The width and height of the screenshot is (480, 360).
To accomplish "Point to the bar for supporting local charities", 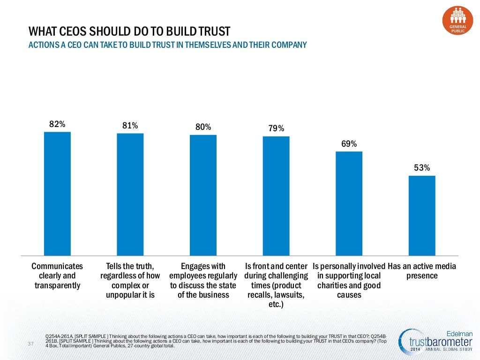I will (x=349, y=203).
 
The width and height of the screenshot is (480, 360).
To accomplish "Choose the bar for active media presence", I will (x=422, y=216).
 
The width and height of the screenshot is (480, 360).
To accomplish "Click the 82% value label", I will (x=57, y=124).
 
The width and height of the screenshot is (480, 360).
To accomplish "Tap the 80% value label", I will (x=203, y=127).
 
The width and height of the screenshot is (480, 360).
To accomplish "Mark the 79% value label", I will (x=276, y=128).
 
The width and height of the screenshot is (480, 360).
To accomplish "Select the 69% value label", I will (x=349, y=143).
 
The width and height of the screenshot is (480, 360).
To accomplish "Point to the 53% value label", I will (x=422, y=168).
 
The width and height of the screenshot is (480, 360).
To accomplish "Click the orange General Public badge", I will (x=457, y=19).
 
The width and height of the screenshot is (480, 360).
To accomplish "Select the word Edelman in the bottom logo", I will (x=460, y=333).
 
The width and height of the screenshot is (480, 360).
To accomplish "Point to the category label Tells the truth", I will (x=130, y=280).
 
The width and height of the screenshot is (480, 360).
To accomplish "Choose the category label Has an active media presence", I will (x=422, y=271).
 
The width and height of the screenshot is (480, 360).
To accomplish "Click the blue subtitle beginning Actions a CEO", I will (x=167, y=45).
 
